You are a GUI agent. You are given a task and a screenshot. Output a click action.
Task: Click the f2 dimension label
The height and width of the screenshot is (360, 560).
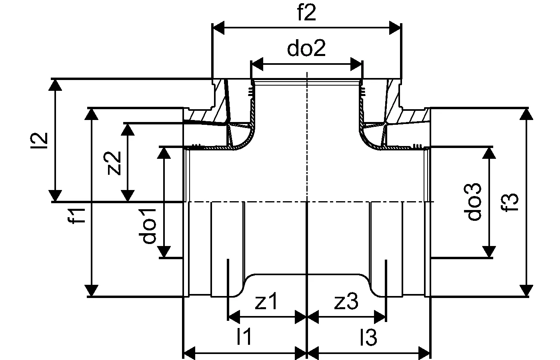[306, 12]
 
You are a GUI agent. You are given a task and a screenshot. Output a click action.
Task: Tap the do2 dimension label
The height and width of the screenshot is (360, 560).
[306, 48]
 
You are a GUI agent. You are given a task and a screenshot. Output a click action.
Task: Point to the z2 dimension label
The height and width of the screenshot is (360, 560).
[112, 163]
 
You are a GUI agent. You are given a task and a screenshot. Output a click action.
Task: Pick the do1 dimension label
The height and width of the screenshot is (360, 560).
[147, 226]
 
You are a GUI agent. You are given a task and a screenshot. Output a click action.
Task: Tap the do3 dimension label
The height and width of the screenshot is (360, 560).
[472, 202]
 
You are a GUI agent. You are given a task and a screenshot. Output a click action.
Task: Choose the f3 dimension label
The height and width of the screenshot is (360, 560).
[510, 202]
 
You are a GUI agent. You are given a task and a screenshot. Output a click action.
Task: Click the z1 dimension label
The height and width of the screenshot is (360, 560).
[266, 301]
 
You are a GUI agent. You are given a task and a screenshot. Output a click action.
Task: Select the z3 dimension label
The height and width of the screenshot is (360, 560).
[346, 301]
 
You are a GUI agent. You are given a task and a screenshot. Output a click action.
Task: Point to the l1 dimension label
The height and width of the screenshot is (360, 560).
[244, 336]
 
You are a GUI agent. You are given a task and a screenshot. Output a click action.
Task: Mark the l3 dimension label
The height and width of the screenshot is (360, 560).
[368, 337]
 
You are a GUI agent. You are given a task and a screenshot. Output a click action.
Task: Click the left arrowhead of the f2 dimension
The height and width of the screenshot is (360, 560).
[218, 28]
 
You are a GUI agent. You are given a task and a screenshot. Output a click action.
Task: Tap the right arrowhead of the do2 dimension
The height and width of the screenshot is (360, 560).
[356, 64]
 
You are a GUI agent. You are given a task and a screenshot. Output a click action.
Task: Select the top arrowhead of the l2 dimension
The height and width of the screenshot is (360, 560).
[55, 85]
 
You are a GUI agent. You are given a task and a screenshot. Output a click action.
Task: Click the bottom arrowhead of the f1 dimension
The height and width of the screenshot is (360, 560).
[91, 290]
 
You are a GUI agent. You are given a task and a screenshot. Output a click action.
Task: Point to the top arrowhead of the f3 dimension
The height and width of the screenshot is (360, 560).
[526, 114]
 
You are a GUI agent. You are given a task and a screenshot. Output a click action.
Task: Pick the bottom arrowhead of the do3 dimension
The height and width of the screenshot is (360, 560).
[489, 252]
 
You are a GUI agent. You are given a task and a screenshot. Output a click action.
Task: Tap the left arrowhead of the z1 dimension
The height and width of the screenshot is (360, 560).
[234, 317]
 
